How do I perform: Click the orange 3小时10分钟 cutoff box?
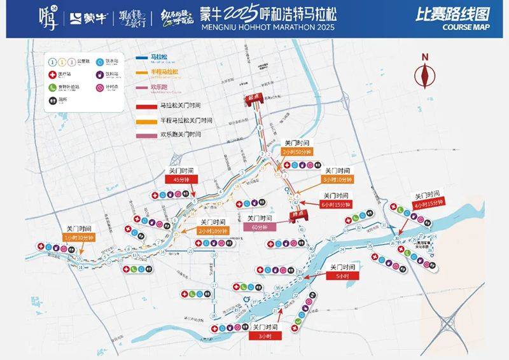335,180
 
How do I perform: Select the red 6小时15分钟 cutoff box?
336,205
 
